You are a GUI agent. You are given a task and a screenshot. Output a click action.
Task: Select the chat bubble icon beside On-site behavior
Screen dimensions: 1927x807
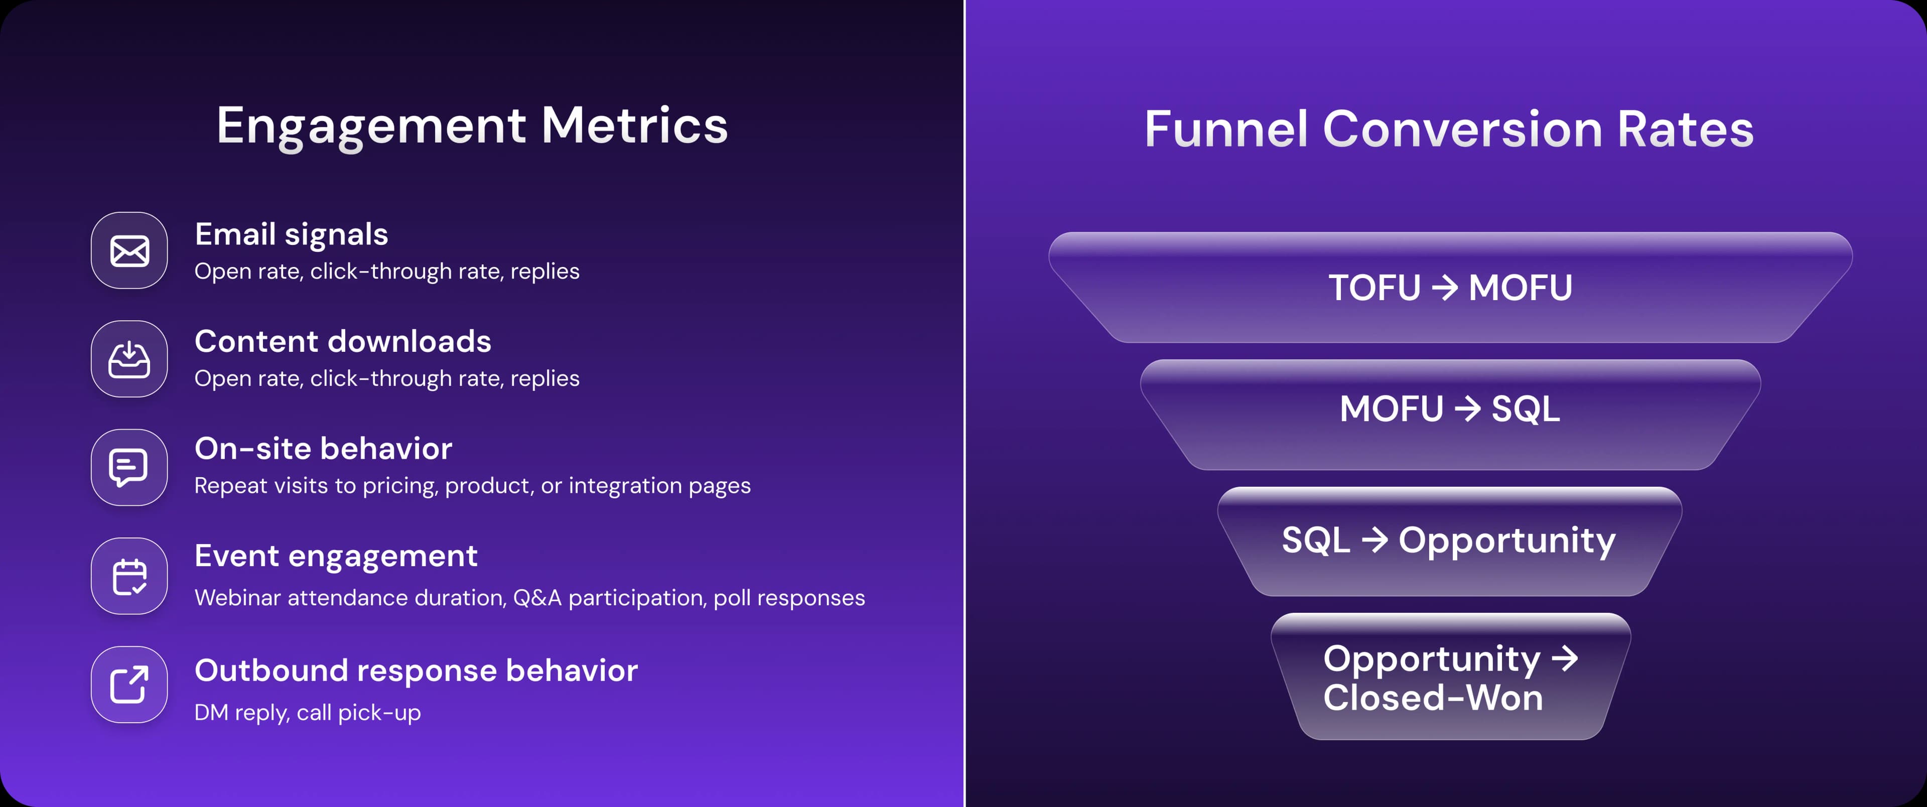(x=128, y=467)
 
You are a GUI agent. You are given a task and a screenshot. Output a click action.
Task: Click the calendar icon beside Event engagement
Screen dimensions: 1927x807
(x=129, y=577)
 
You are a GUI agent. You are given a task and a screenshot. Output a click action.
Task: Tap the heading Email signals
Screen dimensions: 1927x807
(x=291, y=234)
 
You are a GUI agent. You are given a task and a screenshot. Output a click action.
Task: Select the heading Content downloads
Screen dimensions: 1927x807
(x=343, y=341)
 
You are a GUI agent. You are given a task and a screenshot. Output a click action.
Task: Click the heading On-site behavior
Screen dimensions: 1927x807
(x=323, y=449)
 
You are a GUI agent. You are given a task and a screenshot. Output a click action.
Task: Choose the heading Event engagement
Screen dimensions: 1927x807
(x=336, y=557)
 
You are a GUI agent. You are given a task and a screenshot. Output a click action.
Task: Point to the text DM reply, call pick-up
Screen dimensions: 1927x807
(x=308, y=713)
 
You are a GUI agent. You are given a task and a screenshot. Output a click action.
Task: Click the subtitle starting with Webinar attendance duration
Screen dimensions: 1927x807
(x=529, y=598)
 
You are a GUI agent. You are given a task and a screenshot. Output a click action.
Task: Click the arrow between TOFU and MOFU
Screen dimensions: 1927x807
(x=1445, y=287)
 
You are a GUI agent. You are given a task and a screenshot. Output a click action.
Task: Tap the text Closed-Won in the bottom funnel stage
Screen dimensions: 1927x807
(x=1433, y=697)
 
